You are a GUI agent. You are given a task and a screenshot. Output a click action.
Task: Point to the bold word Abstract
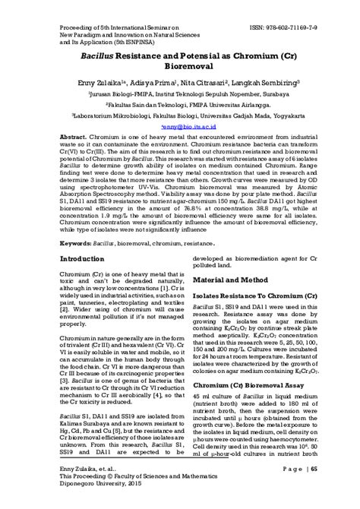coord(73,139)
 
